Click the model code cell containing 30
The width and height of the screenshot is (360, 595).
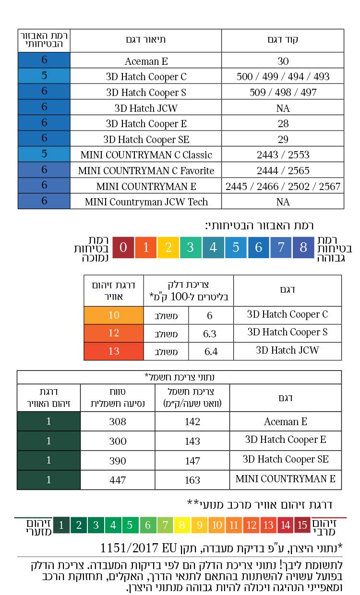point(283,61)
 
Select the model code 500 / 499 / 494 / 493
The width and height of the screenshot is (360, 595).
point(283,77)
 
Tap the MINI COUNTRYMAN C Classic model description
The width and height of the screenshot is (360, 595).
point(146,155)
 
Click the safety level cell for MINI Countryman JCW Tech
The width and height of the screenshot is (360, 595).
point(44,201)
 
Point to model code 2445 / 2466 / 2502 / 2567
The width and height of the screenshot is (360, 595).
point(283,186)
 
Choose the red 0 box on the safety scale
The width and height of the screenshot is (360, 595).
point(123,248)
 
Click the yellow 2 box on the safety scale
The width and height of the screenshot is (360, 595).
point(168,248)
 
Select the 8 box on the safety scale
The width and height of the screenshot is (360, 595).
point(303,248)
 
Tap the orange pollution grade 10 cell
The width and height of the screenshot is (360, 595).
point(114,315)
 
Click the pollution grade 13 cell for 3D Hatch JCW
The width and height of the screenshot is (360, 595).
point(114,351)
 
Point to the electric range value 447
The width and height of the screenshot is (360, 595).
point(117,480)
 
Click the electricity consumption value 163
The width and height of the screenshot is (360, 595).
point(192,480)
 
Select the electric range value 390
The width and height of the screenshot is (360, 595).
point(117,461)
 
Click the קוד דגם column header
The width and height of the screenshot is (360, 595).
point(283,40)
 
